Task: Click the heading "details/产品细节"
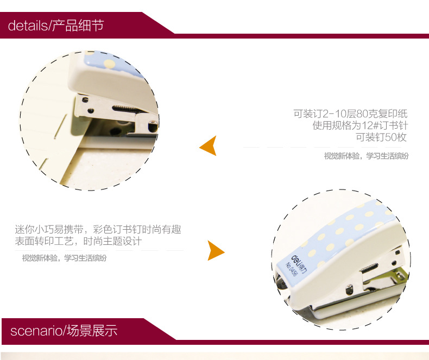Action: (56, 26)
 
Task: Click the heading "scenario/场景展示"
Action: (64, 331)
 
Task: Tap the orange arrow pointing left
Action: (208, 146)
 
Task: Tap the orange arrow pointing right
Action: (216, 250)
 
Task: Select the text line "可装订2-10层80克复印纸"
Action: (350, 113)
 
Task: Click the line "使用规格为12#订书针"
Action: (360, 125)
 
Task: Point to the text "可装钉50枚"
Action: (381, 137)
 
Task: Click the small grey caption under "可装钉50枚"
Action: (367, 156)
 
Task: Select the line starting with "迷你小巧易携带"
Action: (98, 229)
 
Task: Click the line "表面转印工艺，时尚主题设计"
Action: (79, 241)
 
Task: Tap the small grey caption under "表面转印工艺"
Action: (64, 258)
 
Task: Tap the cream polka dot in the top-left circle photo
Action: (110, 64)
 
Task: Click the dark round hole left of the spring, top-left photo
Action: (91, 111)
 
